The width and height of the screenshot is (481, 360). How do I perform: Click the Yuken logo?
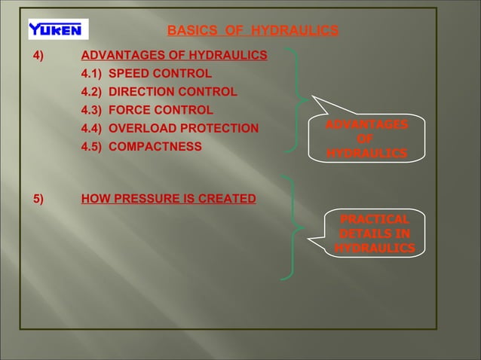(x=58, y=29)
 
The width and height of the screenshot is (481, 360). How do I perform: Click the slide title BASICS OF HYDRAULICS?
(x=252, y=31)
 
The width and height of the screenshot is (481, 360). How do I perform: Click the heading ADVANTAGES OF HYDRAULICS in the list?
(x=173, y=56)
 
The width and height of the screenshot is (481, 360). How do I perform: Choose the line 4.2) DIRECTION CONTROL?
(x=158, y=92)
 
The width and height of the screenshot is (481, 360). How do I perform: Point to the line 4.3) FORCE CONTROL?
(x=146, y=110)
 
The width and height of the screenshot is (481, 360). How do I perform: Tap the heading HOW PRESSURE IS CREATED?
(x=168, y=200)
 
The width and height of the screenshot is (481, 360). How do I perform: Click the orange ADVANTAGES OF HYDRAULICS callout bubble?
(x=366, y=139)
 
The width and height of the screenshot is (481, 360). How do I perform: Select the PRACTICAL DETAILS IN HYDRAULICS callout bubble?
(x=375, y=233)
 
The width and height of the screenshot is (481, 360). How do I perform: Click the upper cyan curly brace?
(x=300, y=99)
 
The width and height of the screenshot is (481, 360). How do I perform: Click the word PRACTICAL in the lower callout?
(x=375, y=220)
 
